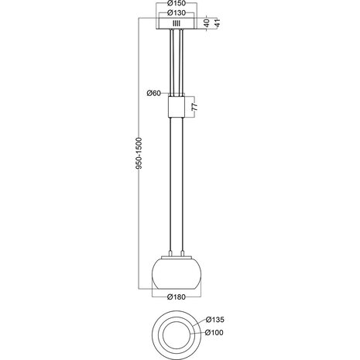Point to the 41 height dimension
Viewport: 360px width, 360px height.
click(218, 24)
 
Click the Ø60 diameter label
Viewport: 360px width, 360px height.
click(153, 94)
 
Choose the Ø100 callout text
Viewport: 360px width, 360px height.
click(216, 333)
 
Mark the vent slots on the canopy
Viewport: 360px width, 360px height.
click(176, 24)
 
